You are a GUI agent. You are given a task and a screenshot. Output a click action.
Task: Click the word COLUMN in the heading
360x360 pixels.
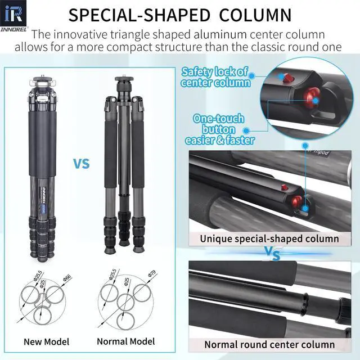click(x=255, y=14)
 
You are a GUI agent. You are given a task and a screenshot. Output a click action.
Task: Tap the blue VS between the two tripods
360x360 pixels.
click(x=82, y=164)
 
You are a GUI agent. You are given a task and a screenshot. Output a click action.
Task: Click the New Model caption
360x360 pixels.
click(x=46, y=341)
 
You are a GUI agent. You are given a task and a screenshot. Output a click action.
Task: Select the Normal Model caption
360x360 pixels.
click(x=126, y=341)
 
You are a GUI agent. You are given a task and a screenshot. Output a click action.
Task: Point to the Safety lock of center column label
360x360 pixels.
click(x=214, y=77)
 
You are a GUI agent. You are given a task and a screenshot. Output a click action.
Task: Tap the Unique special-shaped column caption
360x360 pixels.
click(x=270, y=238)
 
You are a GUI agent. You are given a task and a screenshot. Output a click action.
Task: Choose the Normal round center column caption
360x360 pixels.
click(x=269, y=345)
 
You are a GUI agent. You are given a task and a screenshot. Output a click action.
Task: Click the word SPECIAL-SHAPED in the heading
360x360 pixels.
click(x=141, y=14)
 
